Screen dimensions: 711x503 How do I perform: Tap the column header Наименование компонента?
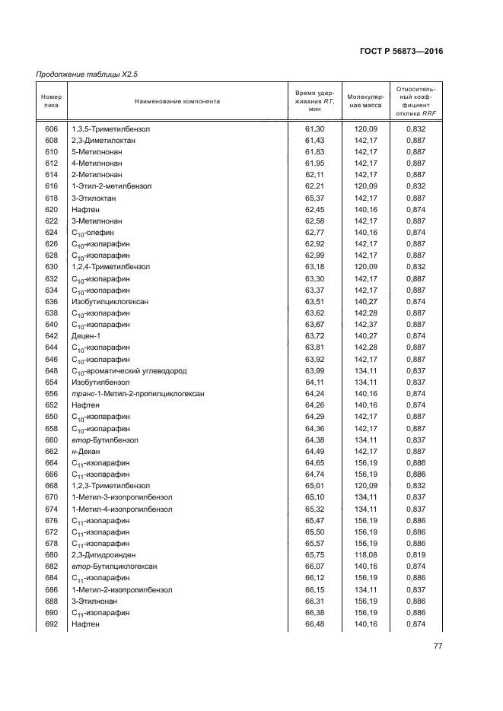177,100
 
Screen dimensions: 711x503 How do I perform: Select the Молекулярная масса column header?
365,100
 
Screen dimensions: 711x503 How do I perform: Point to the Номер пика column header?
52,100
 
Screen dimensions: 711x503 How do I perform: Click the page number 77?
438,646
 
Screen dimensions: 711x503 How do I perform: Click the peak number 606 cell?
52,129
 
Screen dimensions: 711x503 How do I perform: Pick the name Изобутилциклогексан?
110,302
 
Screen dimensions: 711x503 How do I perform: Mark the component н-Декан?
87,451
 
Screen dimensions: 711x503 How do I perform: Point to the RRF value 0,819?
415,554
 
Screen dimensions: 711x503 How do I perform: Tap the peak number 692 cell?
52,624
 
